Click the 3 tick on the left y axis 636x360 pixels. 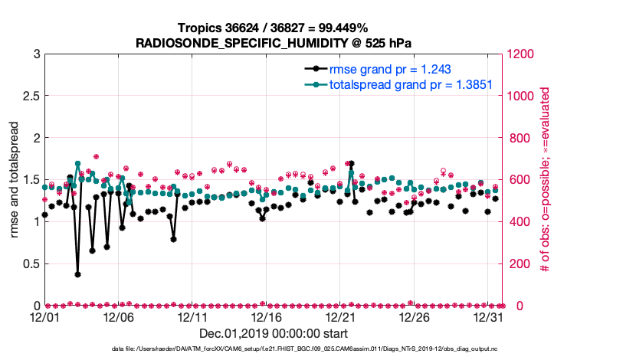click(35, 54)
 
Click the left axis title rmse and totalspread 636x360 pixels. click(15, 179)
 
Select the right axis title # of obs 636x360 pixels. click(545, 179)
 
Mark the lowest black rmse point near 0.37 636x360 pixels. click(77, 274)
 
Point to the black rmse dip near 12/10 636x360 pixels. click(174, 239)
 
